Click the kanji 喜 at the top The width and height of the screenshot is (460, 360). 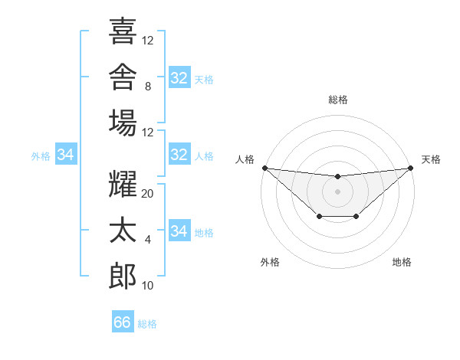123,31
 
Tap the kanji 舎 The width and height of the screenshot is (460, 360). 123,77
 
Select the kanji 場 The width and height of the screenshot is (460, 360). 123,123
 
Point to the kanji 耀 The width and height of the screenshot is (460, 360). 123,184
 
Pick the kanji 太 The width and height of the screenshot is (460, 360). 123,230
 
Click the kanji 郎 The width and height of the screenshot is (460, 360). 123,276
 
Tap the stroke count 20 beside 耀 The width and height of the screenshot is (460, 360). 147,194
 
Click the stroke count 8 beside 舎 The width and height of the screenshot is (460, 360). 148,87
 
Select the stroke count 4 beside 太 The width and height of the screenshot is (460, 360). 148,240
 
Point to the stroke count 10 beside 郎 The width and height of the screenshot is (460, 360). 147,286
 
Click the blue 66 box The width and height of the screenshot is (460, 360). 123,321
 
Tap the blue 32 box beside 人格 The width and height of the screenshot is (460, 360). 179,154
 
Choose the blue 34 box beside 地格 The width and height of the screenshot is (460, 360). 179,230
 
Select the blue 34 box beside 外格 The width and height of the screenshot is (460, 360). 66,154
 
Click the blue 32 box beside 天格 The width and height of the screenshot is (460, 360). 179,77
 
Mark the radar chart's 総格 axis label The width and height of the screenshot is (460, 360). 338,100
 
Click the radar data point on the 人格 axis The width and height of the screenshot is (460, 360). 265,168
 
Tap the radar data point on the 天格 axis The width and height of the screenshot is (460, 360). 411,168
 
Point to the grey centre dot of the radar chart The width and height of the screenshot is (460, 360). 337,191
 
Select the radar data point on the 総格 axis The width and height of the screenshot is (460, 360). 338,176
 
